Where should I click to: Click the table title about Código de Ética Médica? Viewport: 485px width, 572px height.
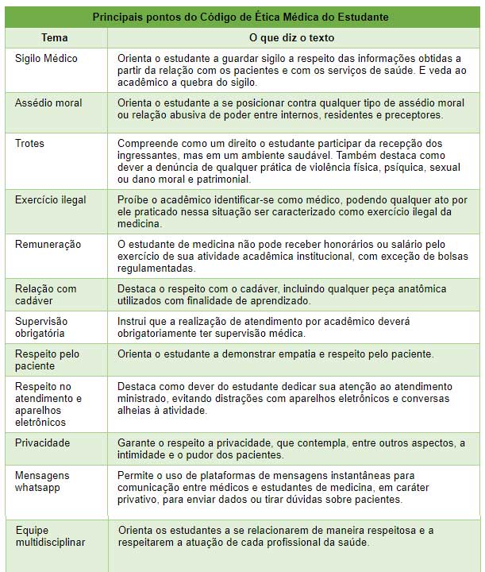[x=241, y=17]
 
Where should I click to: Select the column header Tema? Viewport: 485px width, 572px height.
[x=54, y=38]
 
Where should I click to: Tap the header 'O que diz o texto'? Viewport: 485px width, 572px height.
[x=291, y=38]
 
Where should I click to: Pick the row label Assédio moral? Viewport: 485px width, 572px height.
[x=48, y=103]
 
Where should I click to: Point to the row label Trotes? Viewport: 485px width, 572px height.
[x=30, y=144]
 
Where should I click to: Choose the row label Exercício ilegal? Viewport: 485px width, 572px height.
[x=51, y=200]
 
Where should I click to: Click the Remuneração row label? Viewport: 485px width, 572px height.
[x=48, y=245]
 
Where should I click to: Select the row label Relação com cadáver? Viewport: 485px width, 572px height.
[x=46, y=295]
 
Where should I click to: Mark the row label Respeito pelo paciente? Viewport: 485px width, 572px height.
[x=47, y=360]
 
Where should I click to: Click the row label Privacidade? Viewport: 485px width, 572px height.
[x=43, y=443]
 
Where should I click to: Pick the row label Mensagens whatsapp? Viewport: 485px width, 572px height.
[x=42, y=481]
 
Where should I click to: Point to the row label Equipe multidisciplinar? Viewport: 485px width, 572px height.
[x=50, y=536]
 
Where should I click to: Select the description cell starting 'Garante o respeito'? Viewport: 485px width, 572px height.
[x=291, y=449]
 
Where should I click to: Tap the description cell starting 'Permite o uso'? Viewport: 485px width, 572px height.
[x=293, y=487]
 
